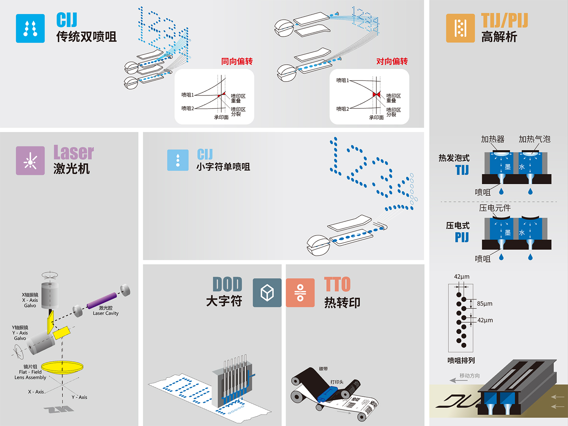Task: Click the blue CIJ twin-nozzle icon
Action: coord(30,28)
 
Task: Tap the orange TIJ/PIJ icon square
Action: coord(460,28)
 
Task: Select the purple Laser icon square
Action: coord(30,161)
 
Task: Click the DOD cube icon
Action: coord(267,293)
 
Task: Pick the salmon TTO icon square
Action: coord(300,293)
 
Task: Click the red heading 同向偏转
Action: coord(237,61)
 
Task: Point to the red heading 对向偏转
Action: coord(392,61)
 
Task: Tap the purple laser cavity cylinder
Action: coord(102,301)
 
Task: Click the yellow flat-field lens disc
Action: coord(62,367)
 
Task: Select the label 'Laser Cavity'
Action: coord(106,313)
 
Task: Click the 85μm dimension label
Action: coord(485,304)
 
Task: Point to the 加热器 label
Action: coord(493,139)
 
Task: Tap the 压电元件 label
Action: coord(495,208)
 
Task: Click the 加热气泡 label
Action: coord(534,139)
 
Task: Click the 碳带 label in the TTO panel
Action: coord(323,369)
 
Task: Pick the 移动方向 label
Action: coord(470,376)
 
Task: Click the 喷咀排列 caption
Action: coord(461,361)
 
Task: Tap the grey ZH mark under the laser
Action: coord(59,409)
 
